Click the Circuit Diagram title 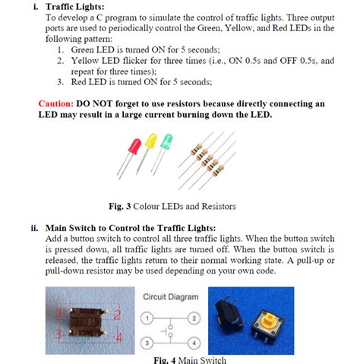(x=170, y=296)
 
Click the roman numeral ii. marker (x=34, y=226)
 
